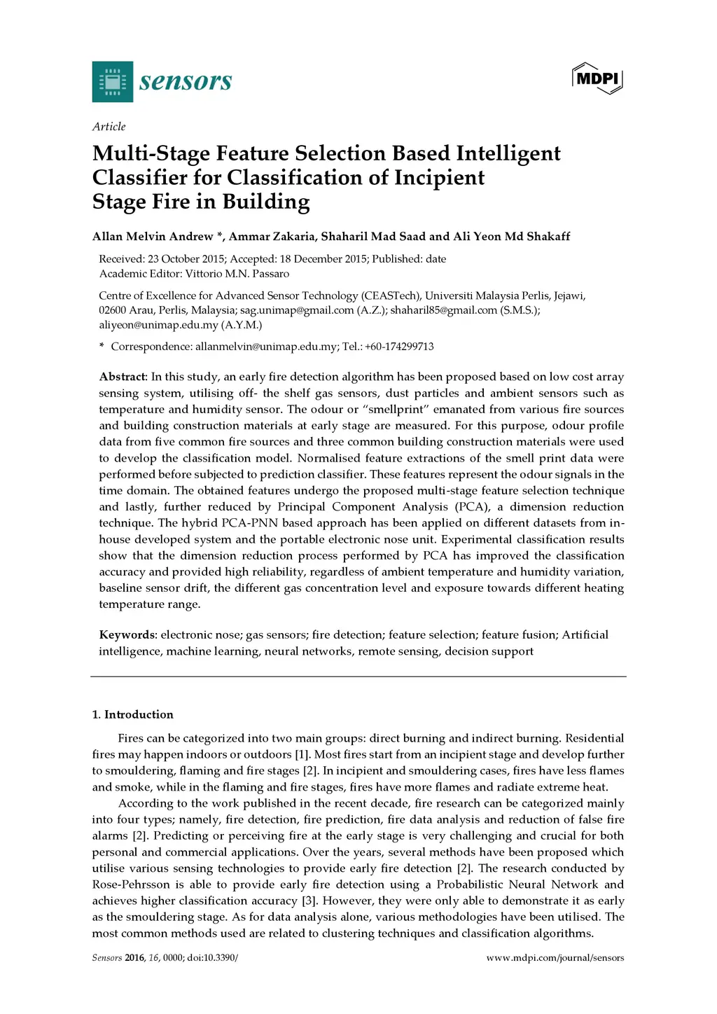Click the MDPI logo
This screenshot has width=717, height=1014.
[597, 78]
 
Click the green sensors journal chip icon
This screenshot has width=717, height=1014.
[113, 82]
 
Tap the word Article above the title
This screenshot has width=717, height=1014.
[109, 127]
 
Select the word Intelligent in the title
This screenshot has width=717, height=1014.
[508, 153]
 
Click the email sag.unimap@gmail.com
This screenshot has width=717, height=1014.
[297, 310]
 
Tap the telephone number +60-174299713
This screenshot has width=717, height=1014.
[399, 347]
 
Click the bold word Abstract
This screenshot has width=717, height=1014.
[122, 377]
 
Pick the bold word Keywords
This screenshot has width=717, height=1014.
[127, 635]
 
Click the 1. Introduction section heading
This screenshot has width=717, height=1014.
[132, 715]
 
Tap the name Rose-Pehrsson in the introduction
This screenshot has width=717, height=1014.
[131, 885]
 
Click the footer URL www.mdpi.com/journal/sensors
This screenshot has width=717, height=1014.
[555, 958]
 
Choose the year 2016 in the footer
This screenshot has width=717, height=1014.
[134, 958]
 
